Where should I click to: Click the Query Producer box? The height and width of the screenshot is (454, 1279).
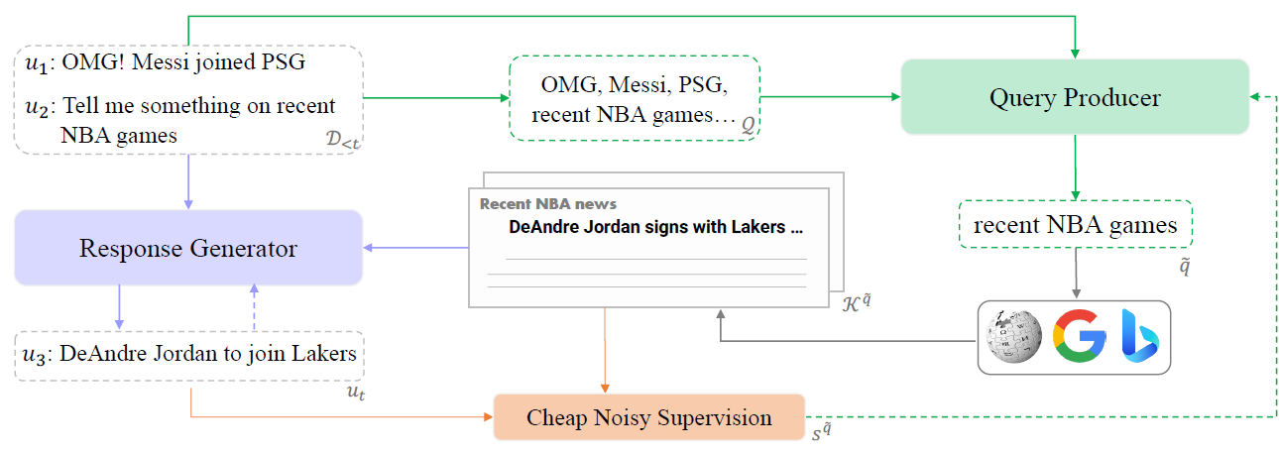pyautogui.click(x=1074, y=97)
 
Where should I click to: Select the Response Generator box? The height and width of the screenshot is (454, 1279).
pyautogui.click(x=187, y=248)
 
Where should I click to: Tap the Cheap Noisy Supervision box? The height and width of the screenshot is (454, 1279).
pyautogui.click(x=649, y=417)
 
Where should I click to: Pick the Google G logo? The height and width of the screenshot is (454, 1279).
pyautogui.click(x=1078, y=337)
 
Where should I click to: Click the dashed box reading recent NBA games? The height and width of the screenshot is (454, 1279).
pyautogui.click(x=1075, y=225)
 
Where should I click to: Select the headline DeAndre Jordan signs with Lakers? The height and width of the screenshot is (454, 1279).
pyautogui.click(x=655, y=227)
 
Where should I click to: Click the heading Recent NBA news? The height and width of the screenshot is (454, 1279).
pyautogui.click(x=547, y=204)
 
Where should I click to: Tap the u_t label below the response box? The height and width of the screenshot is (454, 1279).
pyautogui.click(x=354, y=394)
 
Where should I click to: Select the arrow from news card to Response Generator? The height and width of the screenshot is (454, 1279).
pyautogui.click(x=416, y=248)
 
